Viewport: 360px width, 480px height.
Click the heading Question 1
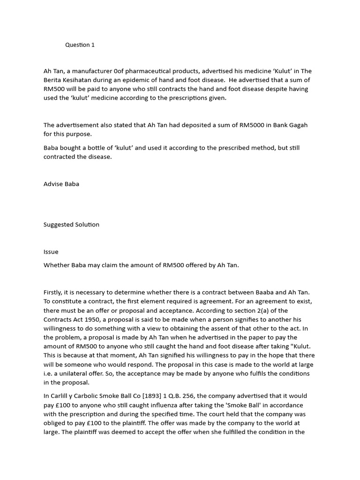pos(80,45)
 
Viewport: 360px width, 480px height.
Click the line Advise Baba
pos(61,184)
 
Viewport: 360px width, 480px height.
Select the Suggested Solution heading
pos(71,225)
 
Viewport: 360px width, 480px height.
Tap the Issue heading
pos(51,252)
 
